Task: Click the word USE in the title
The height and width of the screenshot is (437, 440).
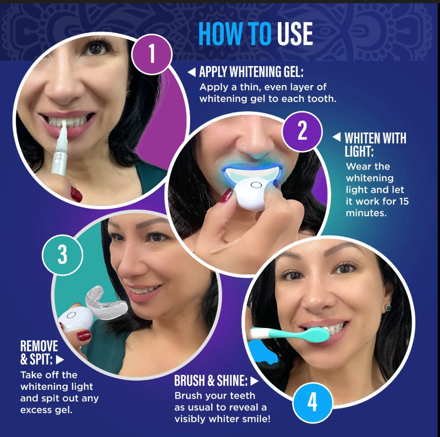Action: [295, 34]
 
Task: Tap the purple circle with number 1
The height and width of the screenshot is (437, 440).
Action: [152, 53]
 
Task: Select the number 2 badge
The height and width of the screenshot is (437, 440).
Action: [302, 131]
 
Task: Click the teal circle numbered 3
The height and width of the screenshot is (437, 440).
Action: [63, 254]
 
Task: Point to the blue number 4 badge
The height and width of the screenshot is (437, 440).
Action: [312, 402]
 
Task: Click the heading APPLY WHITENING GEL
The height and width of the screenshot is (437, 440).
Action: [251, 72]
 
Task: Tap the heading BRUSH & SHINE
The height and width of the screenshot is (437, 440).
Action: [211, 380]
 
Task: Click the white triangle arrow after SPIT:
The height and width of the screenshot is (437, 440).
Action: [60, 359]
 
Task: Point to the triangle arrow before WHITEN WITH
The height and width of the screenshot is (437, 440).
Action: [337, 137]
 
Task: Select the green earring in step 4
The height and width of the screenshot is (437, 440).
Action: [388, 308]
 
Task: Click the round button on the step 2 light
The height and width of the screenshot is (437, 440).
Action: [256, 185]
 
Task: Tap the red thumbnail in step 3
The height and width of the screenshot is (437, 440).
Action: [84, 335]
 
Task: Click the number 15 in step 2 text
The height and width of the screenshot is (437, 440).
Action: [403, 201]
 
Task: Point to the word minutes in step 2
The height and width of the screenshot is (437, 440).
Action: [366, 213]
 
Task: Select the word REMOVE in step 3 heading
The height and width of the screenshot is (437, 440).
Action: [39, 346]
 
